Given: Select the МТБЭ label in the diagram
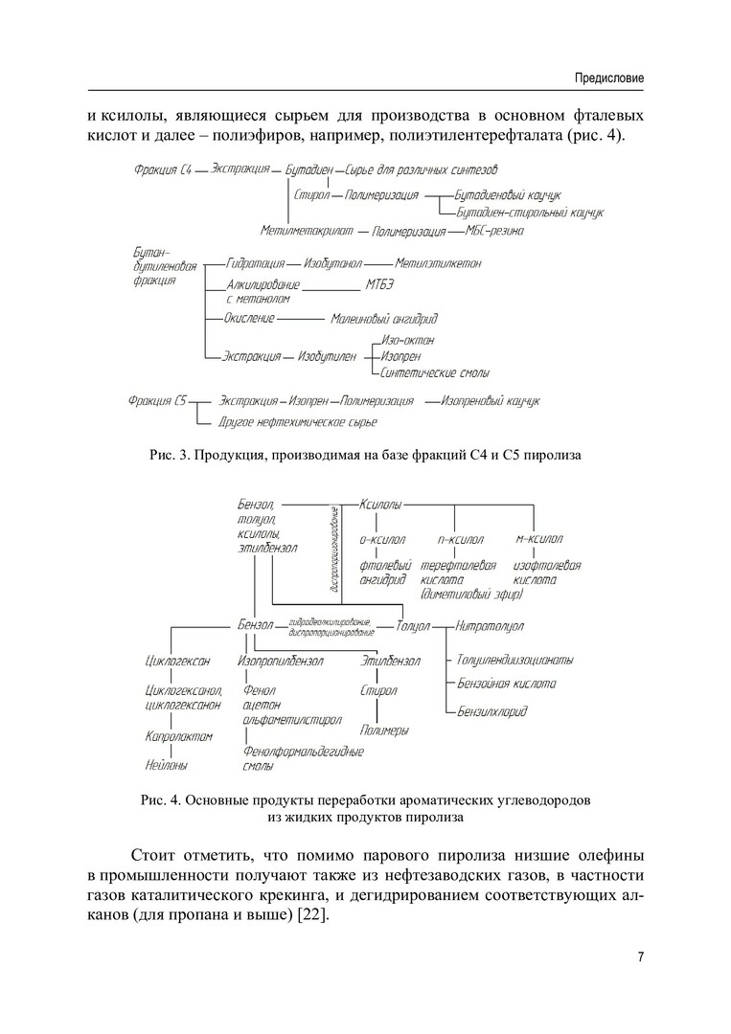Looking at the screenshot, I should tap(379, 285).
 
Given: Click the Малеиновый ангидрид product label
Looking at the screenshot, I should tap(383, 318).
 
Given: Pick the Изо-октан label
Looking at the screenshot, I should tap(408, 340).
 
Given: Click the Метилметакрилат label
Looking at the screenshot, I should tap(307, 232).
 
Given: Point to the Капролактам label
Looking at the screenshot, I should tap(178, 736).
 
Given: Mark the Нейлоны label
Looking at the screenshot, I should tap(166, 765).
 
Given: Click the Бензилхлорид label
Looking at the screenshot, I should tap(491, 711).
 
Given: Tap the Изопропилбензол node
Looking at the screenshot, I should tap(280, 661).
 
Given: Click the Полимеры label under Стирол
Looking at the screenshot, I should tap(385, 731).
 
